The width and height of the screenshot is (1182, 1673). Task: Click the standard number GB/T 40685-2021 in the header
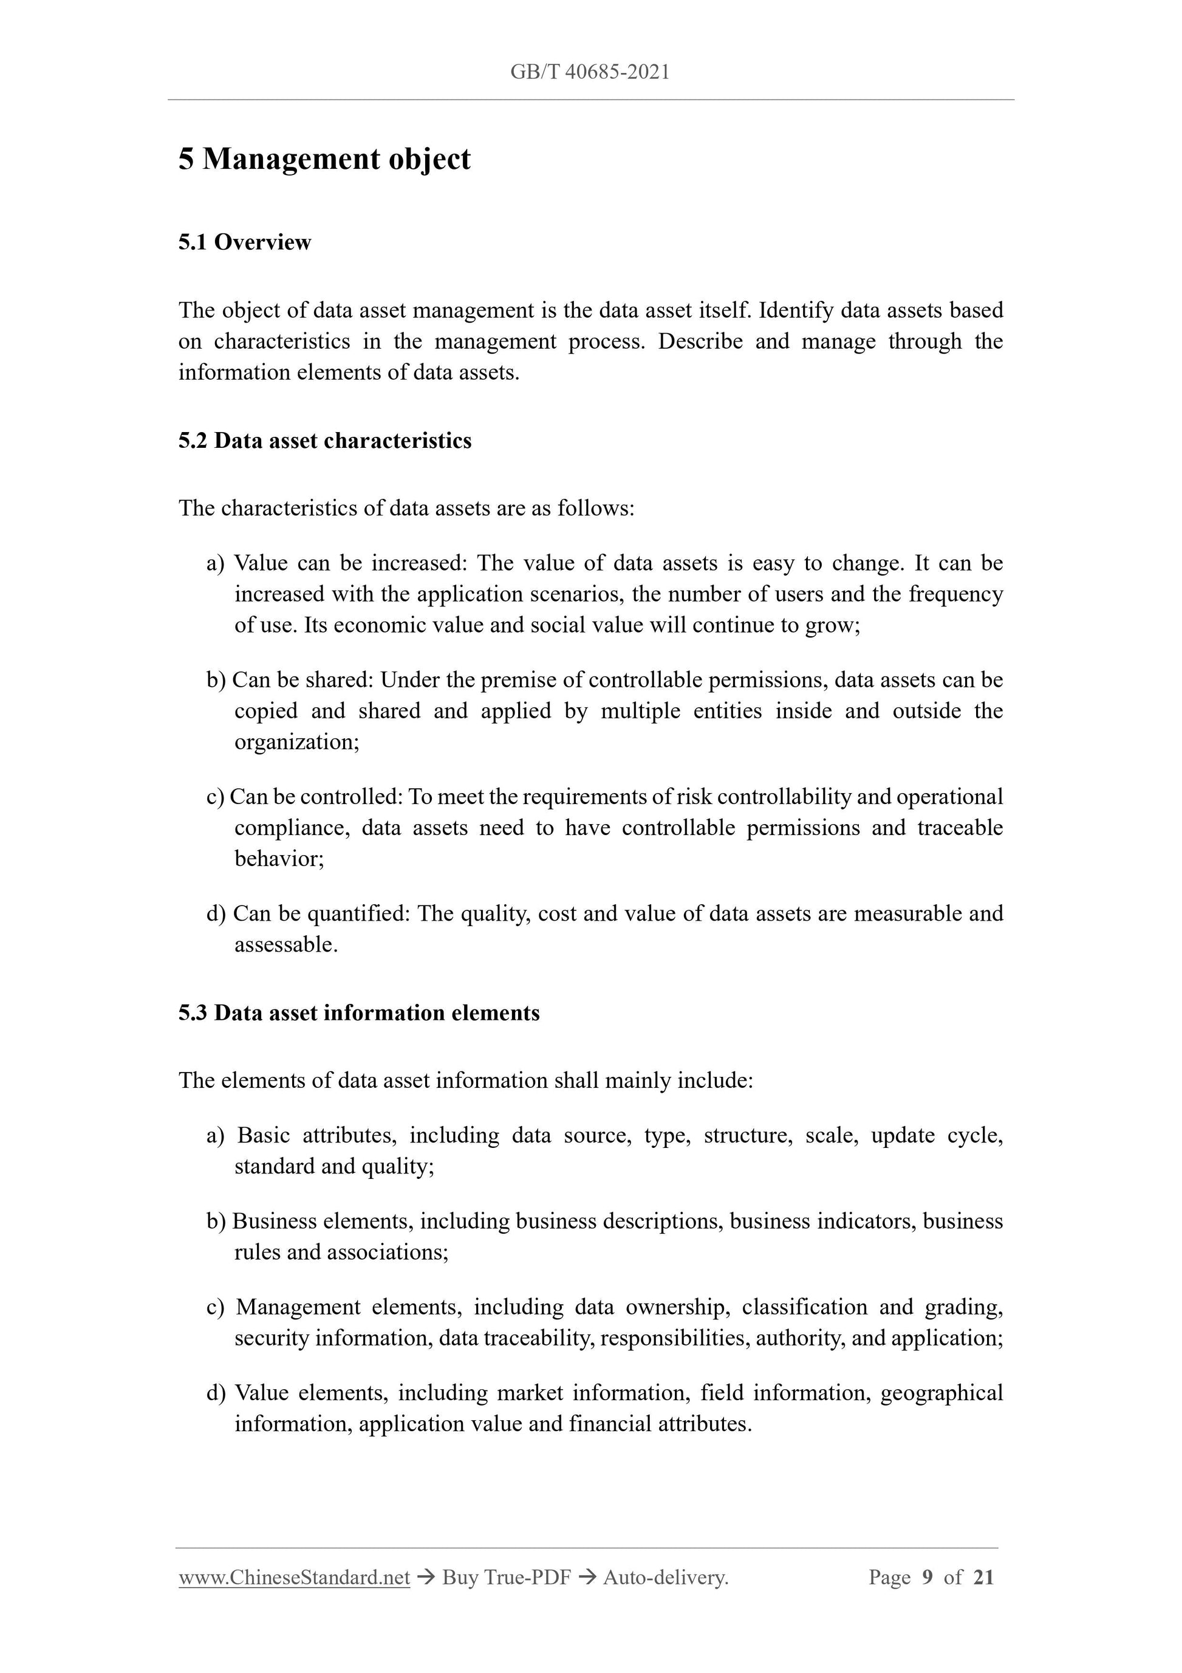(590, 72)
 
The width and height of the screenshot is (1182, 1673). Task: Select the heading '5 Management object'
(324, 159)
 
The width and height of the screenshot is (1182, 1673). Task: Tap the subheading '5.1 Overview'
(245, 242)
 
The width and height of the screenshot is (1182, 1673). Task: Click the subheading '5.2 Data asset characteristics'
(325, 441)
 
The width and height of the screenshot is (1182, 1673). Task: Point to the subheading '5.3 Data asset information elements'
(359, 1013)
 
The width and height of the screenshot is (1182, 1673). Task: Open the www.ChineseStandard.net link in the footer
(294, 1578)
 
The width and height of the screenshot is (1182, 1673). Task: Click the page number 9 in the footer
(927, 1578)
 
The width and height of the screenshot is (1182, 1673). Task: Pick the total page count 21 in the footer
(983, 1578)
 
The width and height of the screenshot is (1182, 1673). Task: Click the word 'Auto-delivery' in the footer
(665, 1578)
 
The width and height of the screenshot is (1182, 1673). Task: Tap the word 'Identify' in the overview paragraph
(796, 311)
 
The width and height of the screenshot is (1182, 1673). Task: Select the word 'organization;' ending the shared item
(297, 742)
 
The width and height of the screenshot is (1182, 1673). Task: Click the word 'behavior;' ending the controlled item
(279, 858)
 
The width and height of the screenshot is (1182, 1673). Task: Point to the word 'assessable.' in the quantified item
(286, 944)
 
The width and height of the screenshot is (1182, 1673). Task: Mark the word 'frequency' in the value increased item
(955, 594)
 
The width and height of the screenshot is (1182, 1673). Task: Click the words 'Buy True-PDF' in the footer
(506, 1578)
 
